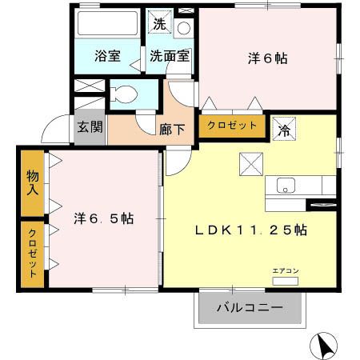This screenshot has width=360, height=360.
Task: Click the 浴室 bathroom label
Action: click(x=107, y=57)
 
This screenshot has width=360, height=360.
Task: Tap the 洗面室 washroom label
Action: click(x=169, y=57)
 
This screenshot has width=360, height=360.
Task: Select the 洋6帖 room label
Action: click(x=267, y=58)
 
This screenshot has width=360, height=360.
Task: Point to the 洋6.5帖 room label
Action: click(x=104, y=218)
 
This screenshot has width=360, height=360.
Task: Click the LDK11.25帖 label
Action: click(x=251, y=230)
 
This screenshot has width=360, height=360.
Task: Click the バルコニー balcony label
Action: click(x=249, y=307)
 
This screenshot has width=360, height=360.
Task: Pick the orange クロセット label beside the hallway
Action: click(x=232, y=126)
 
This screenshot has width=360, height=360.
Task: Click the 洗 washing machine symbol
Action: click(x=160, y=24)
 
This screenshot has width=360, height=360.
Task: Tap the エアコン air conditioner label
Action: click(x=285, y=270)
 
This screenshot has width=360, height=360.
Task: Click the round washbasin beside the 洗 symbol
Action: click(x=183, y=29)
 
